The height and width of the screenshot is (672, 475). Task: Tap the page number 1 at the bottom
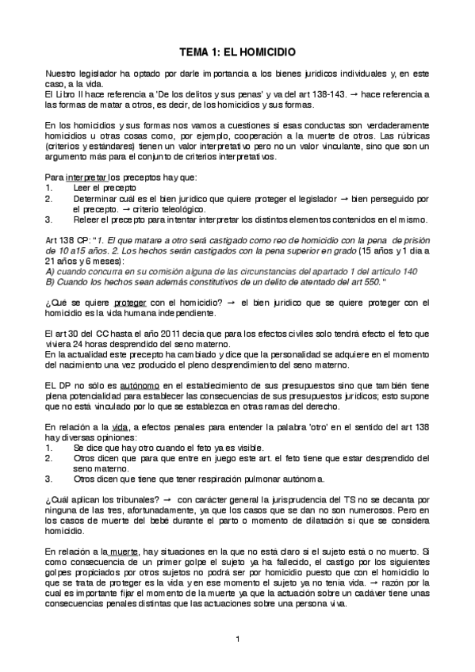coord(237,638)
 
